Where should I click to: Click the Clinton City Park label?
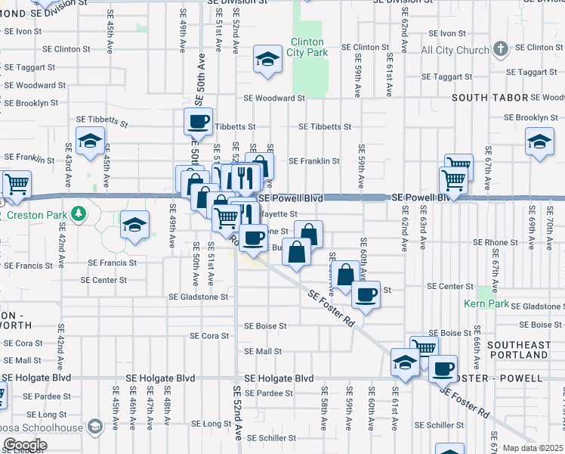(x=307, y=48)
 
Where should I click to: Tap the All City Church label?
(x=455, y=51)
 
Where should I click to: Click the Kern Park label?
(x=488, y=303)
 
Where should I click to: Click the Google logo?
(x=24, y=445)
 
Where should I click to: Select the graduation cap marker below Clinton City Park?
(x=267, y=60)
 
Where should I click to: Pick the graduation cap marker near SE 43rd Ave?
(x=90, y=141)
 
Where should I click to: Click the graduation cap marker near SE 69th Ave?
(x=539, y=141)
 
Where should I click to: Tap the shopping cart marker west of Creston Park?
(x=16, y=183)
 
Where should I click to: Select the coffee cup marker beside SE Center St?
(x=366, y=294)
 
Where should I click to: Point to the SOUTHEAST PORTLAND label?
(x=519, y=350)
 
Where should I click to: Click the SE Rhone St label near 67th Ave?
(x=496, y=243)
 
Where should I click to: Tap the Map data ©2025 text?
(x=533, y=448)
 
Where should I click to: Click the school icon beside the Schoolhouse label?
(x=94, y=428)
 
